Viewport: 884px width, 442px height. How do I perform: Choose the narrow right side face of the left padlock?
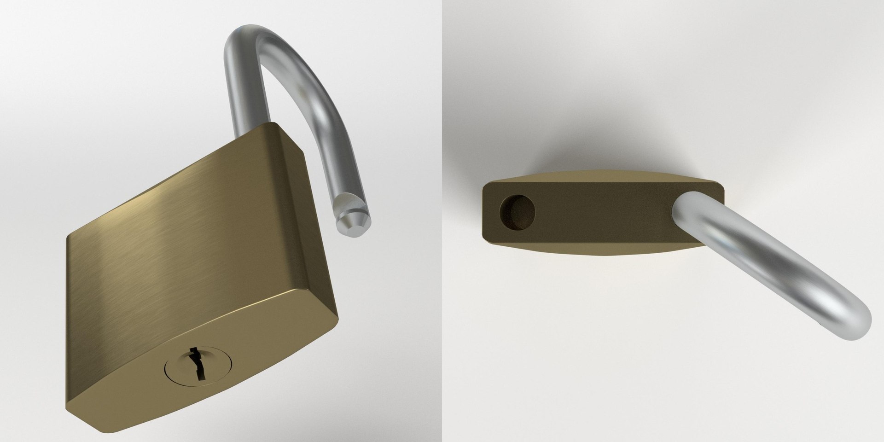[318, 221]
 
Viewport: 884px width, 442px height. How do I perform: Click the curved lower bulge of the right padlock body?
[599, 249]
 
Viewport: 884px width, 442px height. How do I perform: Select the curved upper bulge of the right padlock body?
[599, 177]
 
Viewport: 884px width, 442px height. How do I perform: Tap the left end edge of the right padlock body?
[484, 212]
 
